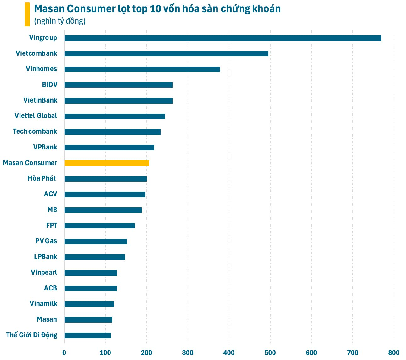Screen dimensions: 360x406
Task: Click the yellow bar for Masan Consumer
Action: click(x=107, y=163)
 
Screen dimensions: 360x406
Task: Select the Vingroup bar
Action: click(x=223, y=38)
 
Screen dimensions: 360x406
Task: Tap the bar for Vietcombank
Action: click(x=166, y=53)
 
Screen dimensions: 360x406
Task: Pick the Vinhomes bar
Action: click(x=142, y=69)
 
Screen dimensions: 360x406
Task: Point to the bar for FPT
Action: click(x=99, y=226)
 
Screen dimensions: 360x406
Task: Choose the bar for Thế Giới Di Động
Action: click(x=87, y=335)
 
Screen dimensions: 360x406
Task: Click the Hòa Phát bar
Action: click(x=105, y=179)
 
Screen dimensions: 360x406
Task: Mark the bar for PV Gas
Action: click(x=95, y=241)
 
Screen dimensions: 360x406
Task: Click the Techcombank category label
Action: click(x=35, y=132)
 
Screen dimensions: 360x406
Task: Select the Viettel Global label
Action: click(x=36, y=116)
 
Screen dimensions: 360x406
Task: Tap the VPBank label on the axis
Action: click(x=45, y=147)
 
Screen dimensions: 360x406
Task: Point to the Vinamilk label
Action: click(x=43, y=304)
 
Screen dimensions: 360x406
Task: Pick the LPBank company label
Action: click(x=46, y=257)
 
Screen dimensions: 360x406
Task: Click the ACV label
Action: click(x=50, y=194)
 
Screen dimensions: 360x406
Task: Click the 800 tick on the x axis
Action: click(x=394, y=352)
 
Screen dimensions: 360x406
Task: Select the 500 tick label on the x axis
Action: click(x=270, y=352)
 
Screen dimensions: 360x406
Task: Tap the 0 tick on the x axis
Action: click(x=64, y=352)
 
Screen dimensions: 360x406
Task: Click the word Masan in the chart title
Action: click(x=49, y=9)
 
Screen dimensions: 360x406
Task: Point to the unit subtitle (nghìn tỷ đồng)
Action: click(x=60, y=21)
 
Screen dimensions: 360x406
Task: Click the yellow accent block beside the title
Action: click(x=27, y=14)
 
